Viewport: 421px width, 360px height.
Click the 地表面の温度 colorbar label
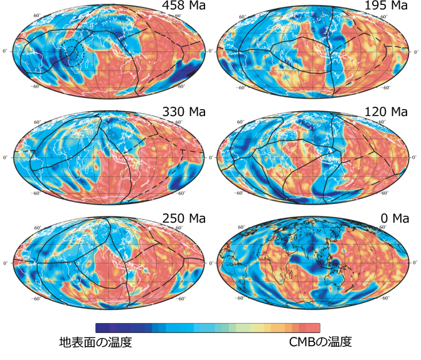[x=95, y=342]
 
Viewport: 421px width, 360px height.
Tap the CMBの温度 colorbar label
[x=321, y=342]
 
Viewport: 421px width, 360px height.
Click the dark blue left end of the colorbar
[x=100, y=328]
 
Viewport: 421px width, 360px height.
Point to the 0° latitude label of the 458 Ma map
[x=7, y=51]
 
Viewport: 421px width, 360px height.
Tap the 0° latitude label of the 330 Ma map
[x=7, y=157]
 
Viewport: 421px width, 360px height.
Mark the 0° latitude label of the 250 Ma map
[x=7, y=262]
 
